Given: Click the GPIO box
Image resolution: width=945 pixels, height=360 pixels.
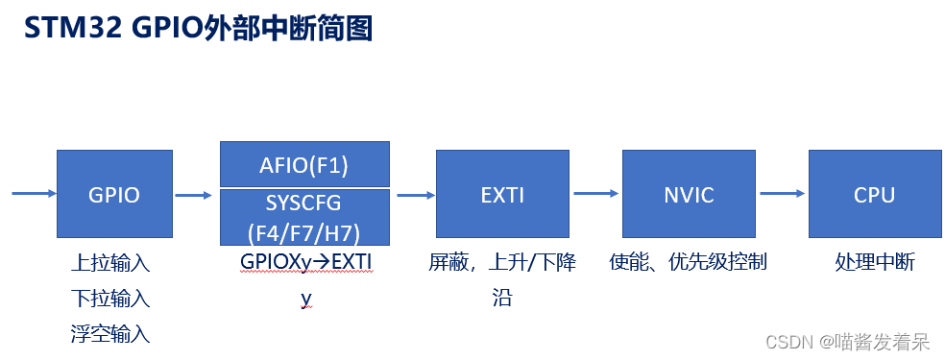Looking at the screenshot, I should (x=114, y=194).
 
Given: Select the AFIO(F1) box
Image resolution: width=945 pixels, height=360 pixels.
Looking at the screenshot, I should (x=304, y=164).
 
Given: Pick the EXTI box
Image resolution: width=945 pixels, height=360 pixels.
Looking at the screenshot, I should (x=502, y=194).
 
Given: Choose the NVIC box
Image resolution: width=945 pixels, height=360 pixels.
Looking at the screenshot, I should (x=689, y=194).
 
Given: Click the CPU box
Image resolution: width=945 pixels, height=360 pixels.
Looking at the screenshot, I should (x=874, y=194).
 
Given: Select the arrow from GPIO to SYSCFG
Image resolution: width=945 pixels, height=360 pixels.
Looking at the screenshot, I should (x=193, y=195).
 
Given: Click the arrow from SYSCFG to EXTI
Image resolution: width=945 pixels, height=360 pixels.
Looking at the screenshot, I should (x=416, y=195).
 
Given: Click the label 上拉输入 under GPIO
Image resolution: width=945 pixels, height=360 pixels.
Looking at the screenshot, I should (x=110, y=263).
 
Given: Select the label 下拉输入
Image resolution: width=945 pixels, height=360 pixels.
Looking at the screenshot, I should (x=110, y=299).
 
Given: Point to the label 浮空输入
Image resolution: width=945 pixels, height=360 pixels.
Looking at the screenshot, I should (x=110, y=334).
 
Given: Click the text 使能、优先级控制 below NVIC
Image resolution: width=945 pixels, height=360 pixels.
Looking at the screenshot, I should (x=689, y=262).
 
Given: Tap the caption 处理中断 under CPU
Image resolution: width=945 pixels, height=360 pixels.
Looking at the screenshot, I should (x=875, y=262).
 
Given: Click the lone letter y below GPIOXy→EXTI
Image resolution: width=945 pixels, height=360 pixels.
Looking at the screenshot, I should (x=305, y=299).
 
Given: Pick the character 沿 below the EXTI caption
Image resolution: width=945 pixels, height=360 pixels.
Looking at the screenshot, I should (x=502, y=299).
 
